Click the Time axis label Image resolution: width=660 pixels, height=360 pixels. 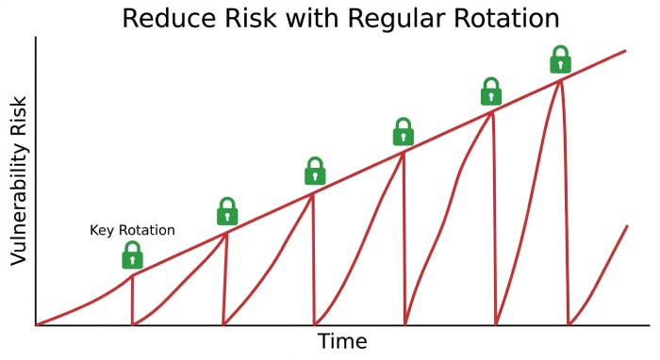(x=341, y=341)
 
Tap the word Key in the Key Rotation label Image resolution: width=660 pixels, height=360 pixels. (x=102, y=230)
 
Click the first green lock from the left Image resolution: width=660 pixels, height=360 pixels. (x=133, y=254)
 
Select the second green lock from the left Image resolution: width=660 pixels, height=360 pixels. (x=227, y=211)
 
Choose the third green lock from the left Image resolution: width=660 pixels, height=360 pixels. (x=315, y=171)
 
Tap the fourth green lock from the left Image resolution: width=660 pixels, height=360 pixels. (x=404, y=131)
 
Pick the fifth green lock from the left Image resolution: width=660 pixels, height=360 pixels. (x=491, y=91)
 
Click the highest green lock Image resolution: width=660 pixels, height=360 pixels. (x=561, y=58)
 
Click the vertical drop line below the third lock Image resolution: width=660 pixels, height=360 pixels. (x=313, y=264)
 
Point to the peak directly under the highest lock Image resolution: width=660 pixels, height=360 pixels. (x=561, y=80)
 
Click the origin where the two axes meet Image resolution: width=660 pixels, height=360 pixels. (x=36, y=325)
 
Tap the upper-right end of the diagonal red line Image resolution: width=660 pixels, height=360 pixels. (x=626, y=50)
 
